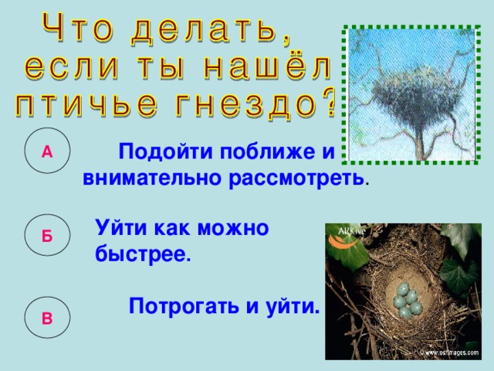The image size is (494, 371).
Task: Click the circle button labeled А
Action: click(47, 151)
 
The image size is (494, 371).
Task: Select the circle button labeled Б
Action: click(47, 237)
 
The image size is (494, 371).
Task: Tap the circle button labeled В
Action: click(47, 318)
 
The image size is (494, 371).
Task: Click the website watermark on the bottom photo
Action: click(451, 352)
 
